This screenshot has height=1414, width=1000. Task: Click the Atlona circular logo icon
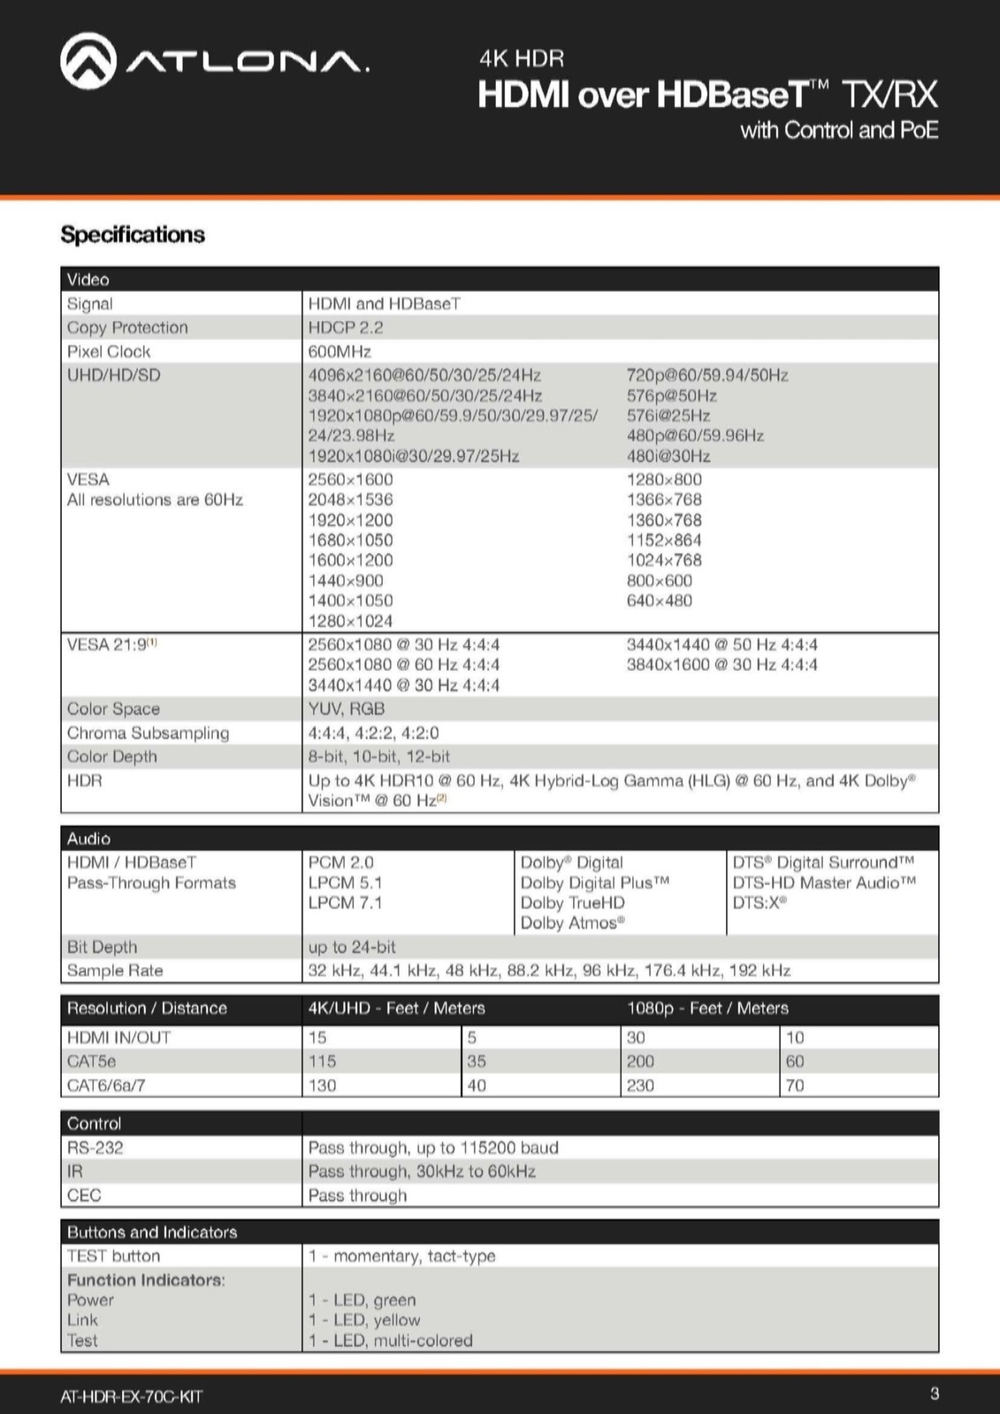tap(88, 61)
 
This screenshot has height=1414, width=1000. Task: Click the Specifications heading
tap(133, 235)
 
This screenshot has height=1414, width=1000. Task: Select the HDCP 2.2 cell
tap(346, 328)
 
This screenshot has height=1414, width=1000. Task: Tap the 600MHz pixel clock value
tap(340, 352)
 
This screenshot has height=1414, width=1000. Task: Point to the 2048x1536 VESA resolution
tap(350, 500)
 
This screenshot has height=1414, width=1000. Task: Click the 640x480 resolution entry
tap(660, 601)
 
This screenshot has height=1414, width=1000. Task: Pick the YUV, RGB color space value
tap(347, 709)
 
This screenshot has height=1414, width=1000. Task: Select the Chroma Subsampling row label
tap(148, 733)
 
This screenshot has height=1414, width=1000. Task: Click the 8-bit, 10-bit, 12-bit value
tap(378, 756)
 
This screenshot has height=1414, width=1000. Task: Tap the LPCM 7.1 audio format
tap(345, 902)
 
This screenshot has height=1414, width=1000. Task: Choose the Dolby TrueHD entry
tap(572, 902)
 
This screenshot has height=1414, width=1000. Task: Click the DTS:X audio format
tap(759, 902)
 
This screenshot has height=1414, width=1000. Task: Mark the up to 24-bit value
tap(352, 946)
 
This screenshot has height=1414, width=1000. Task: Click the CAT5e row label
tap(91, 1061)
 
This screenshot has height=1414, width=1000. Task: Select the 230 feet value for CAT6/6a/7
tap(640, 1085)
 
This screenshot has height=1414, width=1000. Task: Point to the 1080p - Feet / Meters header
tap(707, 1008)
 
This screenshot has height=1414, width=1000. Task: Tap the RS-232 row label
tap(95, 1148)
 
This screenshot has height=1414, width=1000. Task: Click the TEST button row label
tap(114, 1256)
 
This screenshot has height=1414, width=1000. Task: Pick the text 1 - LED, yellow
tap(364, 1320)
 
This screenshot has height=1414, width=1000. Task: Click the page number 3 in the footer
tap(935, 1395)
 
